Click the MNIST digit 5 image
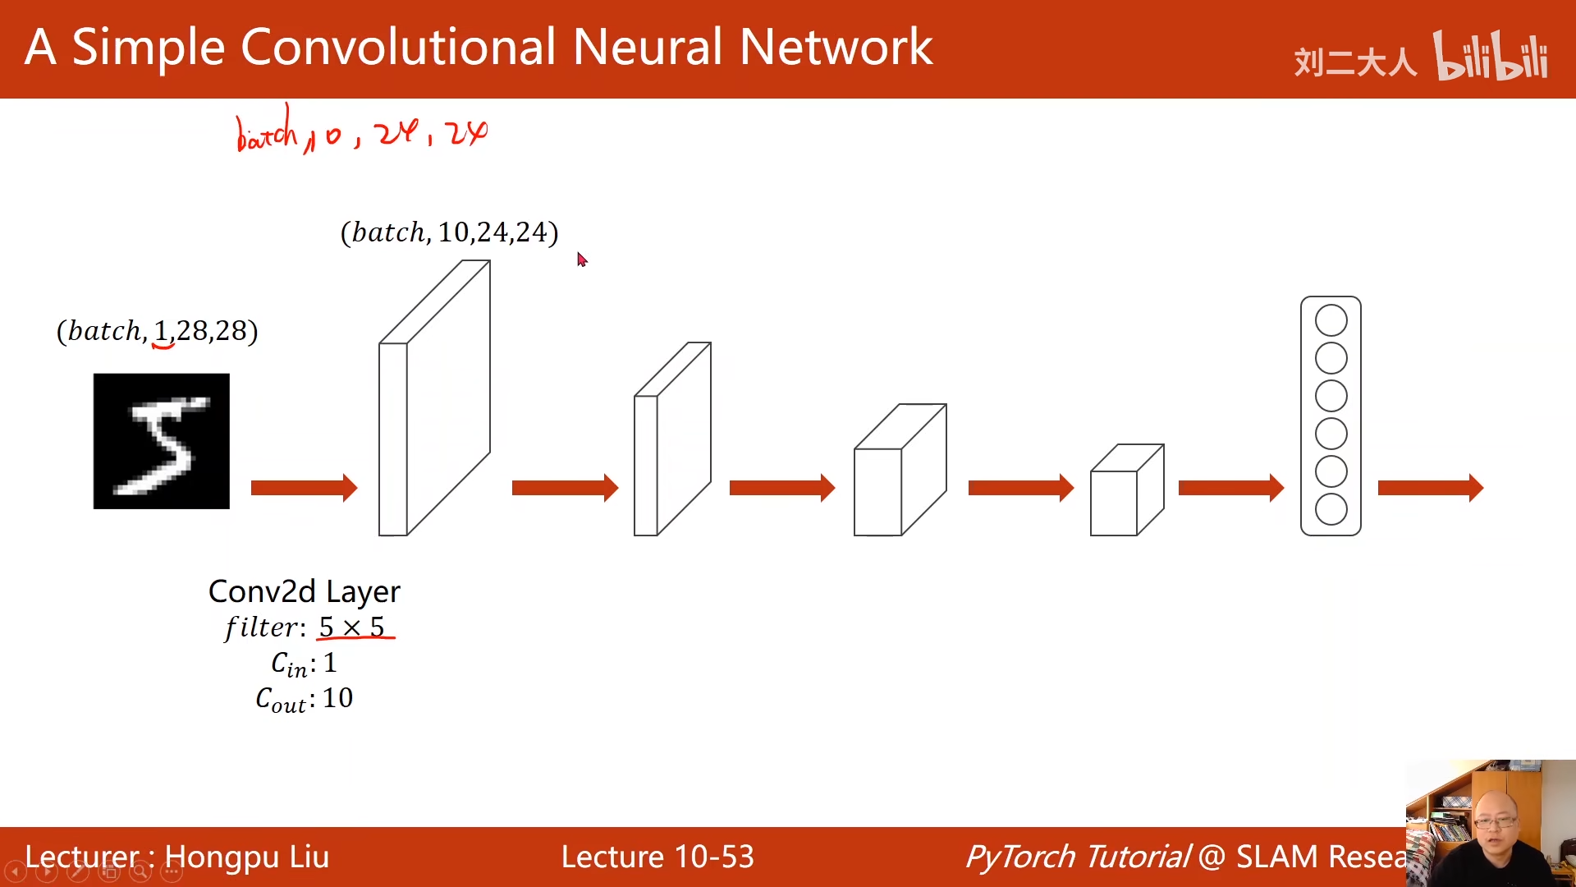click(161, 441)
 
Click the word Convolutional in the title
click(398, 47)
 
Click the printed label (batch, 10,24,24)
click(449, 232)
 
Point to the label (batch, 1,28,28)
click(157, 331)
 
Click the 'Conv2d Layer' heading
click(304, 591)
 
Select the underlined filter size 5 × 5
click(352, 627)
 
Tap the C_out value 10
click(337, 698)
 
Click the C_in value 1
click(330, 663)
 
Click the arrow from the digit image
click(304, 488)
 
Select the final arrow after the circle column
click(1430, 488)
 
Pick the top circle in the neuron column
click(1331, 320)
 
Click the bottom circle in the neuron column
click(1331, 509)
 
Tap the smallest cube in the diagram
click(1126, 491)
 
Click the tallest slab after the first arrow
click(433, 398)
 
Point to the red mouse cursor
click(581, 260)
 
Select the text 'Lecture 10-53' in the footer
click(657, 857)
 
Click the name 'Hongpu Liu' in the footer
click(246, 857)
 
